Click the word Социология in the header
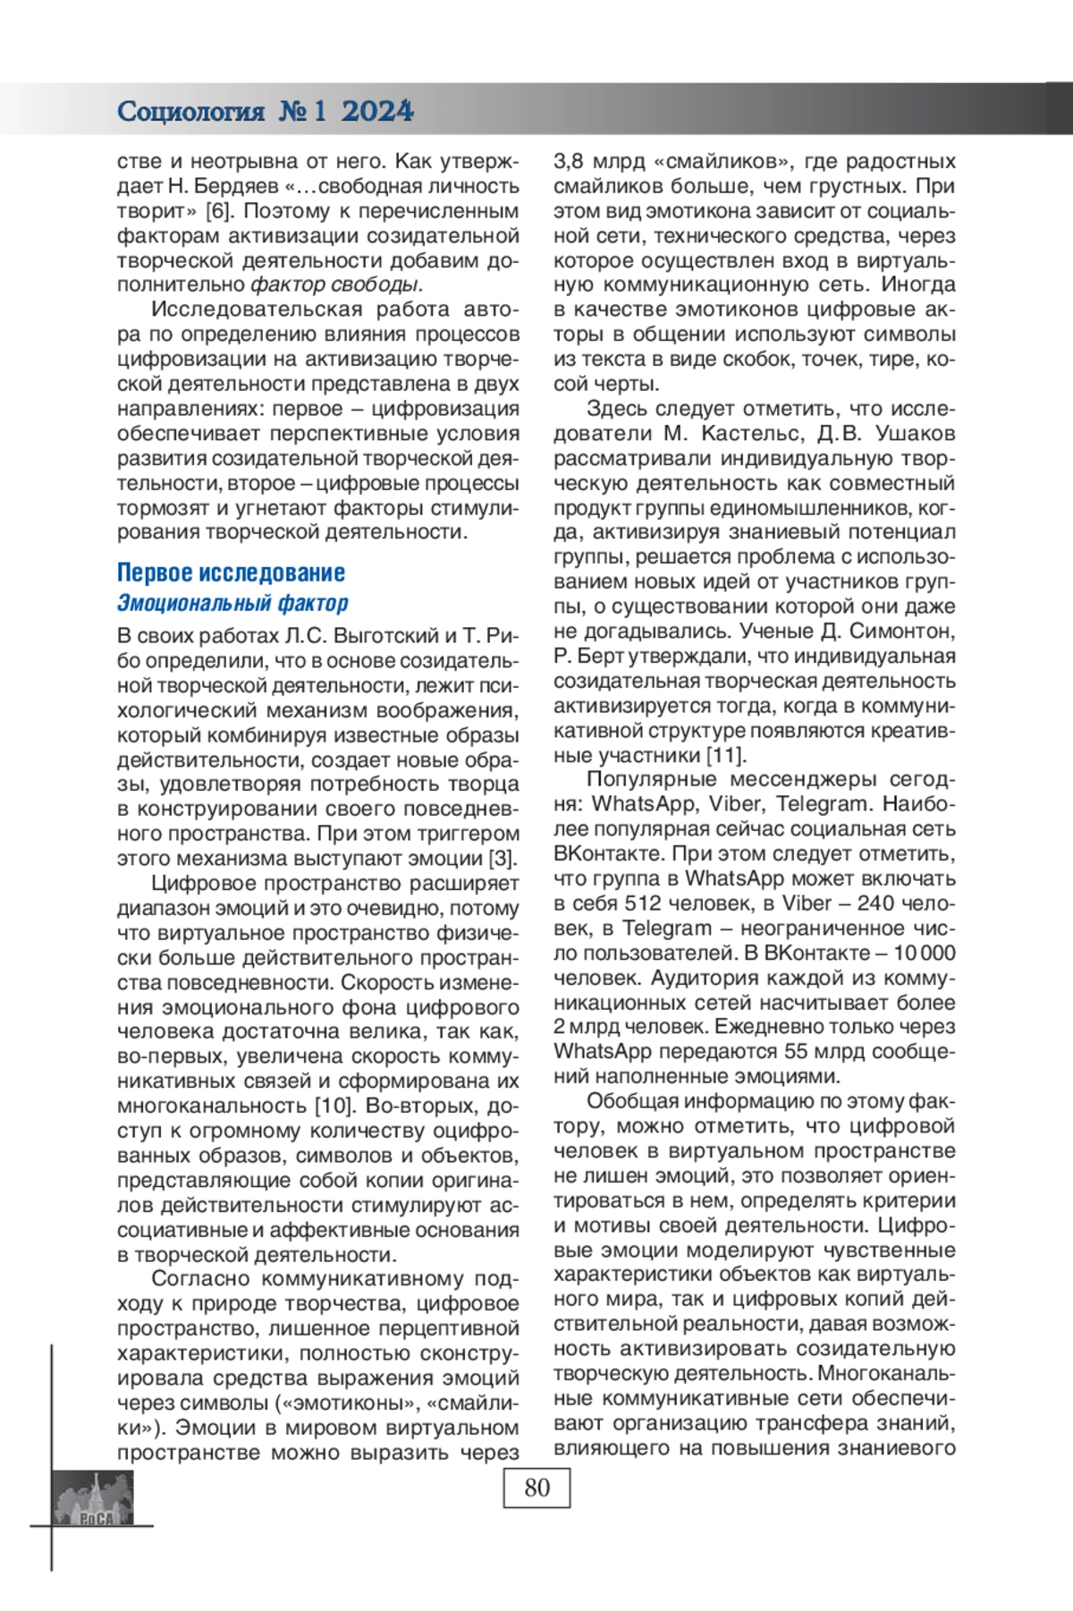(190, 112)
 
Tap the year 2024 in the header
(377, 111)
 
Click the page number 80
(536, 1488)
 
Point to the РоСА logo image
(95, 1498)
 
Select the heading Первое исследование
(231, 572)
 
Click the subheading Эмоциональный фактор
(232, 603)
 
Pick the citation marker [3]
(503, 859)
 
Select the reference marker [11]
(726, 755)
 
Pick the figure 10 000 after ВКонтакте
(924, 953)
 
